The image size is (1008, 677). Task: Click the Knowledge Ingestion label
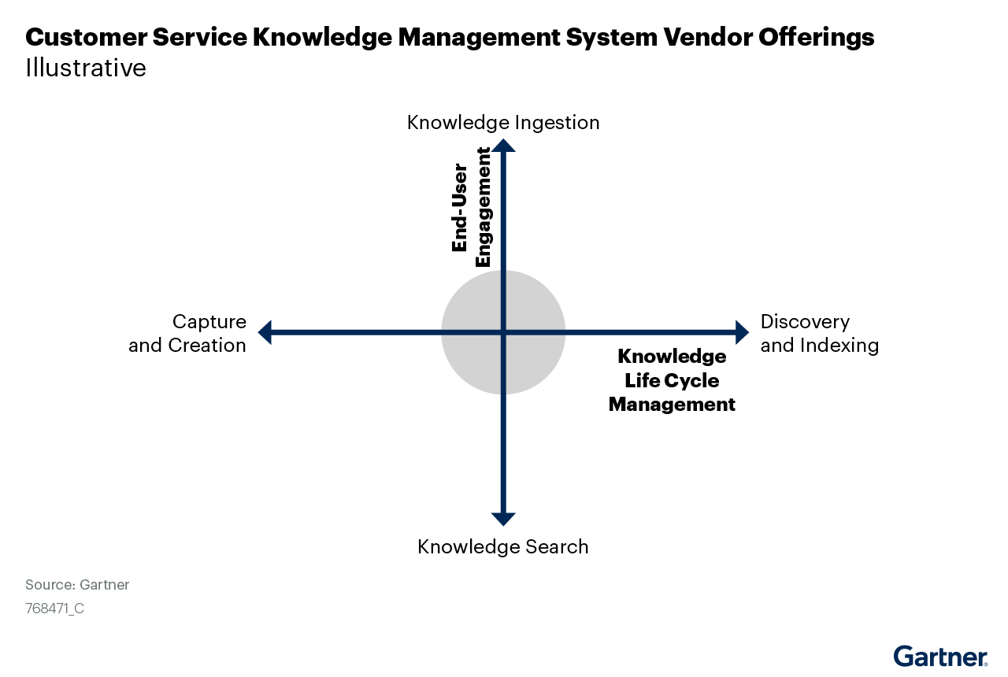coord(503,123)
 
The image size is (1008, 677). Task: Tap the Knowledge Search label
coord(503,546)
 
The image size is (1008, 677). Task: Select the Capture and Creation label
coord(187,334)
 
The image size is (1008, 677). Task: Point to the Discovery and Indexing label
coord(819,334)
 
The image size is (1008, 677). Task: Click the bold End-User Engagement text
coord(471,208)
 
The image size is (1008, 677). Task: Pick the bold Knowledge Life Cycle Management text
coord(672,380)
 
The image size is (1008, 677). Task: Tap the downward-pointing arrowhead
coord(503,519)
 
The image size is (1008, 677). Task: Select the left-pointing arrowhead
coord(265,332)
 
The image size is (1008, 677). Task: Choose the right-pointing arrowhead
coord(741,332)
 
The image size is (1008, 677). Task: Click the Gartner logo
coord(940,656)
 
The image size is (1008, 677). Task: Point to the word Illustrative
coord(86,68)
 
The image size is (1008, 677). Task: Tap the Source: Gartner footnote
coord(77,585)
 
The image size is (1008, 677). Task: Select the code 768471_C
coord(54,609)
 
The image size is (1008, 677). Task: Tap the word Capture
coord(209,322)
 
